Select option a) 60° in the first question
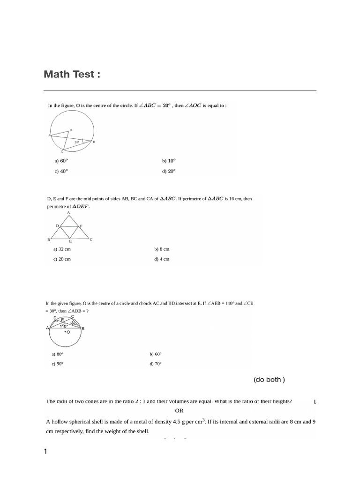(61, 161)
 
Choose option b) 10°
(169, 161)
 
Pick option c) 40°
(61, 172)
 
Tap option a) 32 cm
(62, 249)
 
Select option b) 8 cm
(162, 249)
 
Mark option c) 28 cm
(62, 259)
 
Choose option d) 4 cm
(162, 259)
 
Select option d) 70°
(156, 364)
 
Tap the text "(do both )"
(269, 380)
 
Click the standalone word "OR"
(180, 411)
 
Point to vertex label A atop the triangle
(68, 212)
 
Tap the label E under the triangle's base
(70, 241)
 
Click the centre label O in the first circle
(71, 129)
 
